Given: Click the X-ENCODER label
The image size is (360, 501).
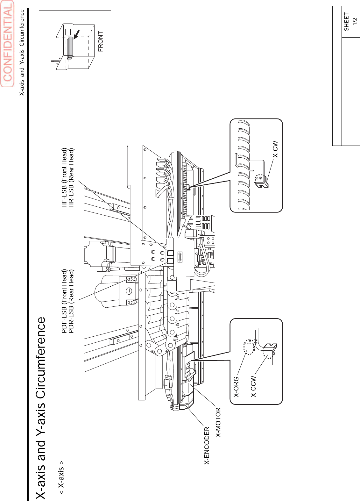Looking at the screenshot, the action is point(207,445).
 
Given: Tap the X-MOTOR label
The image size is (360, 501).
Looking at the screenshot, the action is point(218,422).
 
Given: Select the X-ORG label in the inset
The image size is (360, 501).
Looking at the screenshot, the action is point(236,387).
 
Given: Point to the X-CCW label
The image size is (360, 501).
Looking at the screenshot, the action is point(253,386).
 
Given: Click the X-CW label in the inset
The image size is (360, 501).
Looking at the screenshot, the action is point(275,149).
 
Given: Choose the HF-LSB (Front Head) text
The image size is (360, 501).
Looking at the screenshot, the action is point(65,178).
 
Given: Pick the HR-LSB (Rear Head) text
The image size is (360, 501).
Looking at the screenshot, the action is point(71,178).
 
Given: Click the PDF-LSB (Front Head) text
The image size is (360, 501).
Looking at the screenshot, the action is point(65,301).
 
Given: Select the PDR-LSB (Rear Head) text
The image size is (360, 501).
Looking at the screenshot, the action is point(71,301).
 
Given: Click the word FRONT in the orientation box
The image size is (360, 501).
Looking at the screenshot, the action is point(101,41).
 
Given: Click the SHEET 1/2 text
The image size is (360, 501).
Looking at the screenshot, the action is point(350,22).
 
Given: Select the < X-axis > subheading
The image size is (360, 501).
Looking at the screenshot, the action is point(61,477).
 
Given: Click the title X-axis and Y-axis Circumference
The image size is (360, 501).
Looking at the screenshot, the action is point(41,408).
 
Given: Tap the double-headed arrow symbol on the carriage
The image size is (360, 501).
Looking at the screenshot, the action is point(180,257).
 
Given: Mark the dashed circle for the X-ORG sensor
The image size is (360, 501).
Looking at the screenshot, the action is point(250,347).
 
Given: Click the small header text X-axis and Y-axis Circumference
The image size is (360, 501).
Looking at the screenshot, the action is point(22,53).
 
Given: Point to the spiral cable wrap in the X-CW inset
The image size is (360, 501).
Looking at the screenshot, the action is point(244,166).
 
